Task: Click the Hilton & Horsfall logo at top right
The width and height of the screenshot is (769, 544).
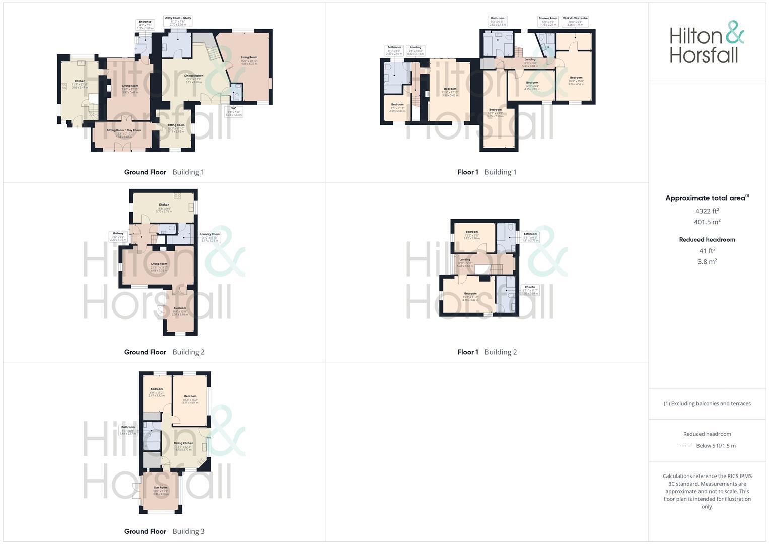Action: [x=707, y=42]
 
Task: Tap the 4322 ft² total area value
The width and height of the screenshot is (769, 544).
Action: [x=707, y=211]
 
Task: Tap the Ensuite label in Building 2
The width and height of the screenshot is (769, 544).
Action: [x=530, y=290]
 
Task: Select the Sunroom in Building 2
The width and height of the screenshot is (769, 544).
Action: [x=180, y=310]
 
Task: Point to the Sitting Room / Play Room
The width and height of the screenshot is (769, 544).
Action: [x=124, y=132]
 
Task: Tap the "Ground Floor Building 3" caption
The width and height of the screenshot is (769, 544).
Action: [x=164, y=531]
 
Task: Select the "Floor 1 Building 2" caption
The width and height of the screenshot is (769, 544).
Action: [x=487, y=352]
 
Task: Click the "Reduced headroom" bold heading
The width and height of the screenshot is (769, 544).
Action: [x=707, y=240]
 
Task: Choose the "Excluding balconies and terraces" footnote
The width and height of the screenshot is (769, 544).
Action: [x=707, y=403]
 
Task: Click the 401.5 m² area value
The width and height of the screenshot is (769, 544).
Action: [x=707, y=222]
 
